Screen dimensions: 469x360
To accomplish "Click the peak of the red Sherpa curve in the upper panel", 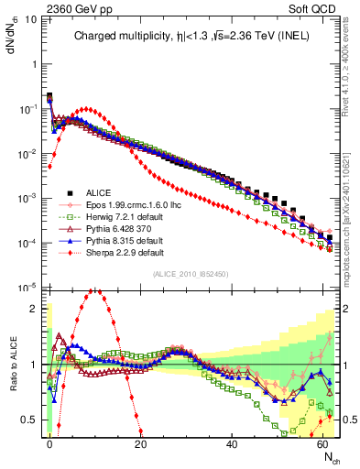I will point(86,109).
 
